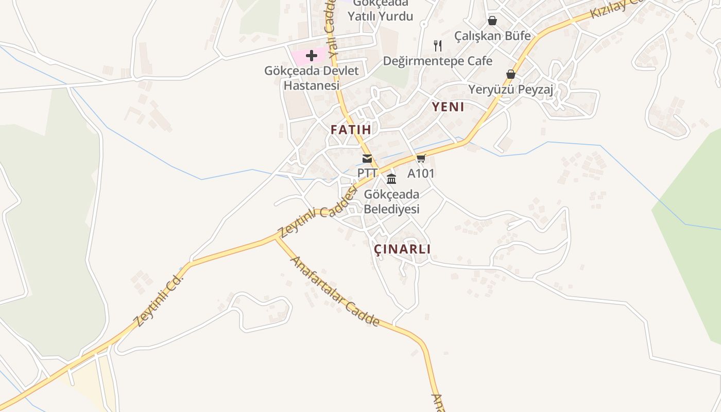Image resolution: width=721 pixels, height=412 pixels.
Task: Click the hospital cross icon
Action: [x=312, y=55]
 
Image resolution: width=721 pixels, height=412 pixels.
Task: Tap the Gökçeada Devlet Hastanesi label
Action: [x=311, y=78]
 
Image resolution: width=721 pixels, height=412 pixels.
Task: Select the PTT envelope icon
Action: [x=367, y=159]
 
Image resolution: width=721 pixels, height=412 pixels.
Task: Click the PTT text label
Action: [x=368, y=173]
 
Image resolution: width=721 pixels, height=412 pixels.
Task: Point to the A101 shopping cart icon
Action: [x=421, y=159]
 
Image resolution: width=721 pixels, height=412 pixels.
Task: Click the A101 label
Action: [x=421, y=174]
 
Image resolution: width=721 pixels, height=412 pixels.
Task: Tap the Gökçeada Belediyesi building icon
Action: [x=391, y=179]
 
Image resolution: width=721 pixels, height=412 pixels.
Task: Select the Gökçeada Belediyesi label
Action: [x=391, y=202]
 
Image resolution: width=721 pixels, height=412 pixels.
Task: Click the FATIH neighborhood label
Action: [x=351, y=130]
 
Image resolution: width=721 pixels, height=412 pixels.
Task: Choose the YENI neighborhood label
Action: [x=448, y=107]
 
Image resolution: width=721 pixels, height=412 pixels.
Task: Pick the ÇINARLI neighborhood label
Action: [x=402, y=249]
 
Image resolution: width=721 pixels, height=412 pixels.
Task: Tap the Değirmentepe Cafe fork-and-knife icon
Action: [x=438, y=46]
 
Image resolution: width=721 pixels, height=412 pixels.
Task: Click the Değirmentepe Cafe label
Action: [x=438, y=61]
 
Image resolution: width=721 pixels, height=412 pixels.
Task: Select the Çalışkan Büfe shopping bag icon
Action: [x=492, y=21]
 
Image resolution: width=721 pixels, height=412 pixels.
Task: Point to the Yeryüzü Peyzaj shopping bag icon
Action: [x=511, y=74]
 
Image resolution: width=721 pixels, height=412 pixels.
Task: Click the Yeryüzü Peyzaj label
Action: [x=510, y=90]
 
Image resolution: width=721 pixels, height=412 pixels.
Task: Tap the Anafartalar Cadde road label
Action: [x=335, y=291]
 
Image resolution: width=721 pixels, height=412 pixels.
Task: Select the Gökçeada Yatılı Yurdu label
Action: [x=380, y=11]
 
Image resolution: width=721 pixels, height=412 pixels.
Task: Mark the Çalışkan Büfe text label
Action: [x=492, y=36]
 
